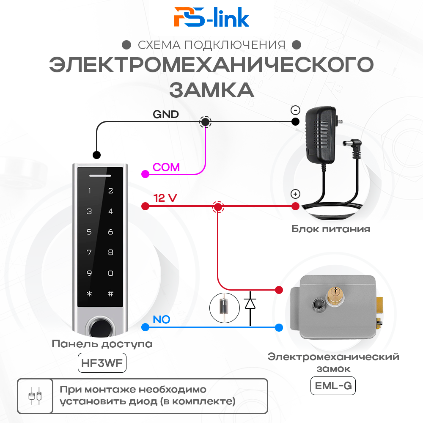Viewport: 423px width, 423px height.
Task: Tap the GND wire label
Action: tap(165, 114)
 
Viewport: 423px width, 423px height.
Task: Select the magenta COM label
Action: tap(166, 167)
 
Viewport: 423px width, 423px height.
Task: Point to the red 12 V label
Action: tap(165, 198)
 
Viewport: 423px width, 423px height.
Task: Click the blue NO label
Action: tap(161, 319)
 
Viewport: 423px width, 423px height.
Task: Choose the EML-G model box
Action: tap(333, 386)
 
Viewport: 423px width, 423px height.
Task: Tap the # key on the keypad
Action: tap(110, 294)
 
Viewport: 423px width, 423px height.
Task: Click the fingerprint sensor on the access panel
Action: tap(100, 329)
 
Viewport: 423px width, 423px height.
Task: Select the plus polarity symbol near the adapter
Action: tap(295, 194)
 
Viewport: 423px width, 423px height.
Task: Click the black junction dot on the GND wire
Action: tap(205, 122)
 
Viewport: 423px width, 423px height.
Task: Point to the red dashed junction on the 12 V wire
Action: tap(217, 207)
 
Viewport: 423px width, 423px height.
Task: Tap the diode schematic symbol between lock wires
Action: tap(250, 304)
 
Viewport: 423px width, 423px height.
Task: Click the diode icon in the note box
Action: tap(35, 396)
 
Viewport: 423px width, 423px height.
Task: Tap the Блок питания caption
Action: tap(330, 229)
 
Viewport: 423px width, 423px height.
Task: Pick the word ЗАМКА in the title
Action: tap(211, 90)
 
